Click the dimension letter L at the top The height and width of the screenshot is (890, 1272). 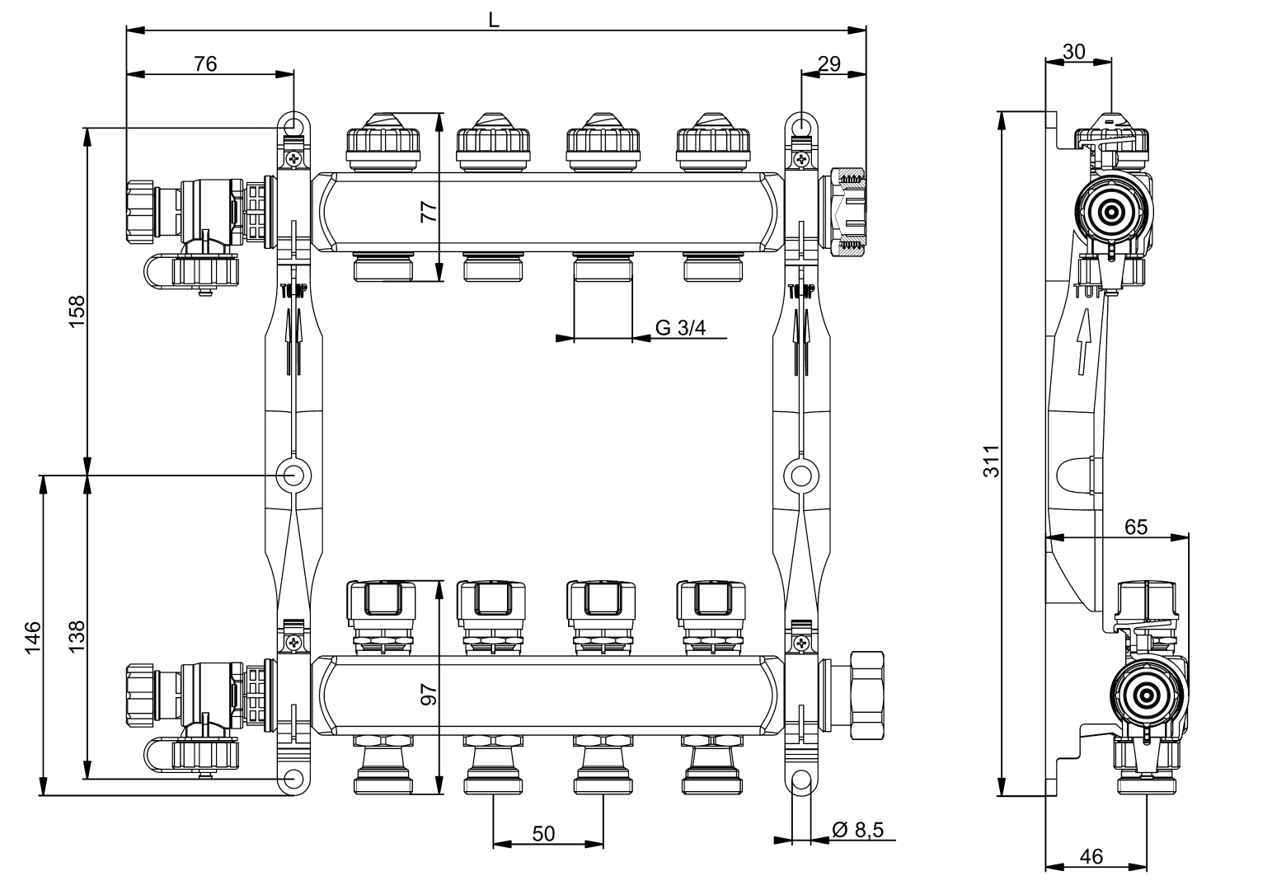(x=493, y=19)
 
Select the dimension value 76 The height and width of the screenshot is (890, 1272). (x=205, y=63)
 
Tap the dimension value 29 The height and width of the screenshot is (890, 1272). (x=829, y=63)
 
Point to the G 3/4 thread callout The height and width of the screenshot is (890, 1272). (x=681, y=328)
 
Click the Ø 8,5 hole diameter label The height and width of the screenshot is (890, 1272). (x=857, y=830)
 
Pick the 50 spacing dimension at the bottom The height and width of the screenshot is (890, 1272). (x=543, y=834)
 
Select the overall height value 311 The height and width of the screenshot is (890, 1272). (x=992, y=461)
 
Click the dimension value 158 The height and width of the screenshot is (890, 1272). (x=77, y=311)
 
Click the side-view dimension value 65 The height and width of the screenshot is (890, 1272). (x=1135, y=527)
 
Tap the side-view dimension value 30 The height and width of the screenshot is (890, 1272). (x=1073, y=51)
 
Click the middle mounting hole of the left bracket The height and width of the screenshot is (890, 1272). (x=293, y=475)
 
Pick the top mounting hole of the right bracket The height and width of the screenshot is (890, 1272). (x=799, y=125)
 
